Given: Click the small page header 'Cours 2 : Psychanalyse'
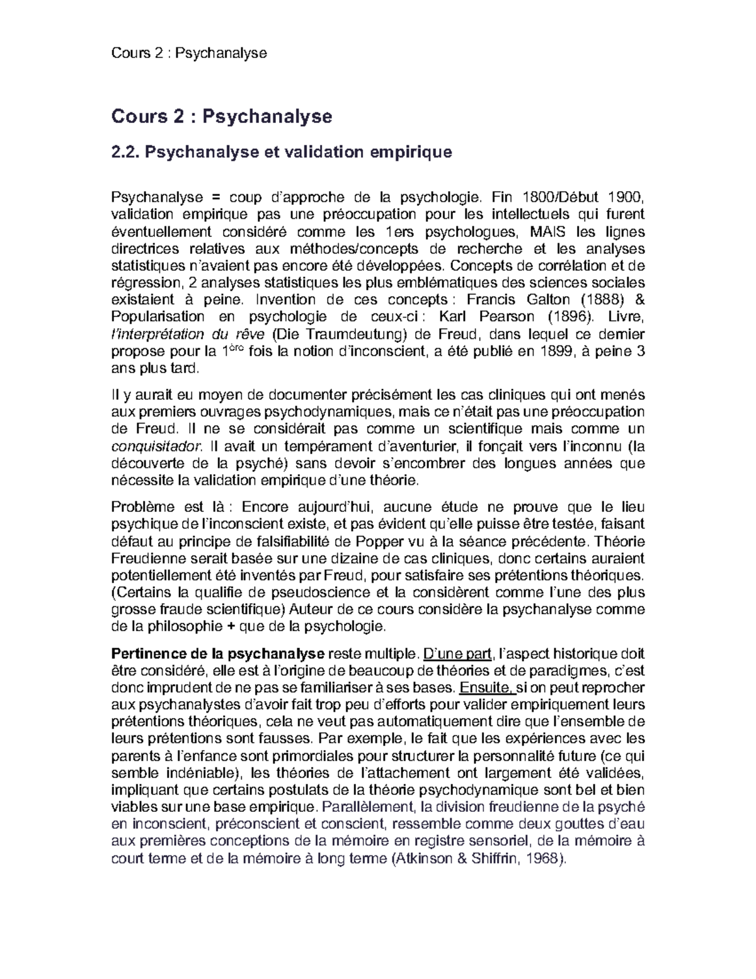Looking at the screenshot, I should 189,53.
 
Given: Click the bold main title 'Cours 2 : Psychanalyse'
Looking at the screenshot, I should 221,117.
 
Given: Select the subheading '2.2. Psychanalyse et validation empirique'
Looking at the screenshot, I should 281,153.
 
